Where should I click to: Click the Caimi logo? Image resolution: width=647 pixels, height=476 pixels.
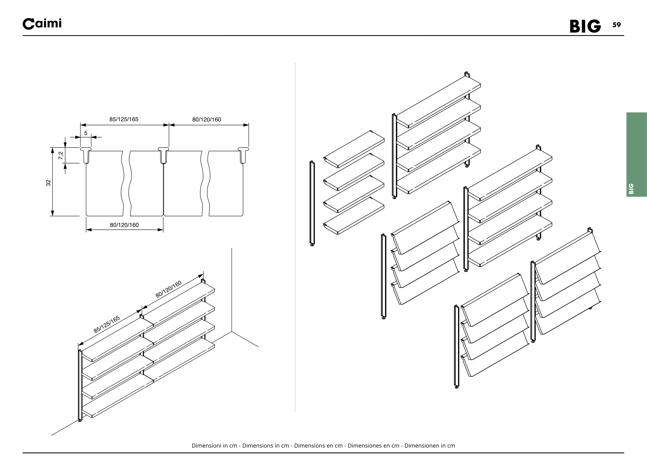[x=42, y=24]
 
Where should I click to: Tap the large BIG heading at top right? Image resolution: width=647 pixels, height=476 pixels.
[x=585, y=27]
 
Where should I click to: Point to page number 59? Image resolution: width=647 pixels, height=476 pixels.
[x=616, y=25]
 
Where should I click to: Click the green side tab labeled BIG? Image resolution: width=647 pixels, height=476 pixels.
[x=636, y=155]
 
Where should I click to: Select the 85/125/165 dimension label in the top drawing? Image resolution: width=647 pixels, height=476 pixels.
[x=124, y=119]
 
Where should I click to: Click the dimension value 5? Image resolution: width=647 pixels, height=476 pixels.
[x=86, y=133]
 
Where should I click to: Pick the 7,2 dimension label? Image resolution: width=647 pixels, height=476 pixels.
[x=61, y=156]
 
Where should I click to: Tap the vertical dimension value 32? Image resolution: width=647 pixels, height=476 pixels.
[x=48, y=183]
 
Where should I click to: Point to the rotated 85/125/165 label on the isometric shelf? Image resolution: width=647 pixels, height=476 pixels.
[x=106, y=325]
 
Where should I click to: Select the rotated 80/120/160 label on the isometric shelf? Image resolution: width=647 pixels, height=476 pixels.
[x=168, y=289]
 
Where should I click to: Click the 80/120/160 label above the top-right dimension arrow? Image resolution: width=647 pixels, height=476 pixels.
[x=207, y=120]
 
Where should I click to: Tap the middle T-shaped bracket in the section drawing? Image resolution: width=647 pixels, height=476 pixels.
[x=163, y=155]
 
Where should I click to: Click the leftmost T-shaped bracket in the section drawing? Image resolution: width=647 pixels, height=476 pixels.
[x=86, y=155]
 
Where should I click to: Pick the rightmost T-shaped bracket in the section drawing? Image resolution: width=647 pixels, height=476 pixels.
[x=243, y=155]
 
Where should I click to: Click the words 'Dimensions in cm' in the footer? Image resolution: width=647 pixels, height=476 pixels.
[x=266, y=446]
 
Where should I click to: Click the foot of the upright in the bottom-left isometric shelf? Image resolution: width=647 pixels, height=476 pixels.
[x=80, y=421]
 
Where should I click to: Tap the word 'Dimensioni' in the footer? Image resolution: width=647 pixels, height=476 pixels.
[x=206, y=446]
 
